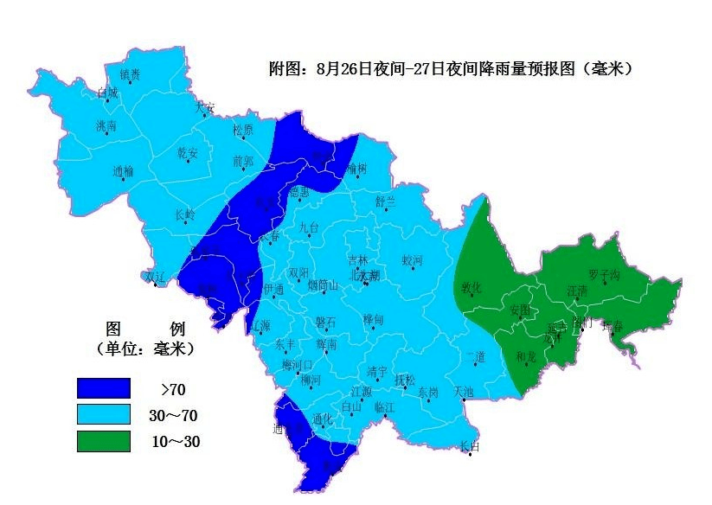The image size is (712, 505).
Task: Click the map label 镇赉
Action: point(130,74)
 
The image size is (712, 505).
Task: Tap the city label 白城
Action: point(107,93)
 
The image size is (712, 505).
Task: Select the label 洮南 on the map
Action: point(106,126)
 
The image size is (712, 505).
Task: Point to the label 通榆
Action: point(123,171)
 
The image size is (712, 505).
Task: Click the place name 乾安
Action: point(187,153)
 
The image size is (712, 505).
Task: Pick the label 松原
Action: point(243,131)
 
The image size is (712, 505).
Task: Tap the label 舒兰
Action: point(385,201)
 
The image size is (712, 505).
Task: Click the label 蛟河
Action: point(412,260)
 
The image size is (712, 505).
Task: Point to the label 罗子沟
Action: point(604,275)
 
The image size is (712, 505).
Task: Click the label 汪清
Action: point(576,291)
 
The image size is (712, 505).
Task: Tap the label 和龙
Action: point(525,356)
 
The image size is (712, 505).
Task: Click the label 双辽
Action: point(154,277)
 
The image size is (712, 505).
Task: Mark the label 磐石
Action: point(325,322)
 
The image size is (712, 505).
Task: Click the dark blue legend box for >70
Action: point(103,388)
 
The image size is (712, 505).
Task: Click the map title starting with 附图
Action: point(450,68)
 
